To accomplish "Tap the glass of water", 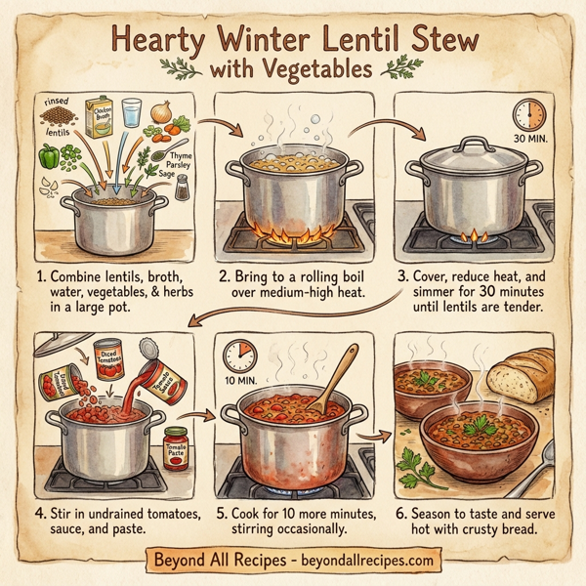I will pos(133,111).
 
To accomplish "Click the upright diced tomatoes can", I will pos(108,353).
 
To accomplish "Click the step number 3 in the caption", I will pos(401,275).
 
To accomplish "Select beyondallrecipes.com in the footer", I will pos(353,561).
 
